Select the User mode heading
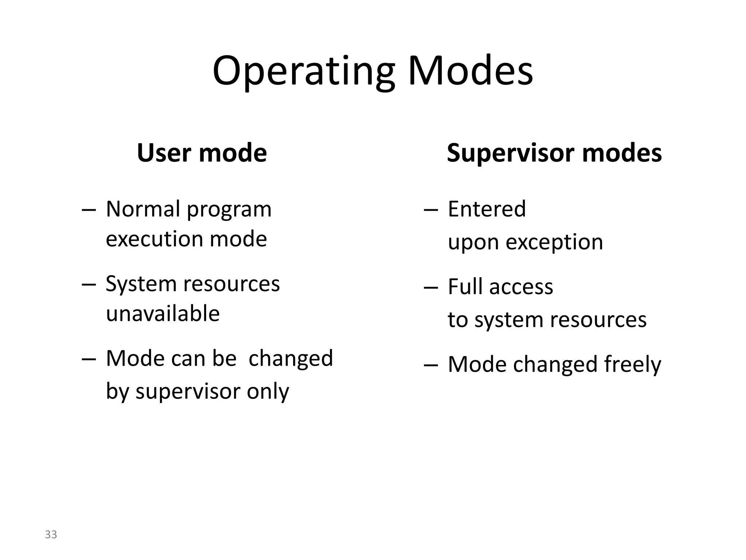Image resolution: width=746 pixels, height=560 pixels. (202, 153)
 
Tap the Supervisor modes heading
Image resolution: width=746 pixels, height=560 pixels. (554, 153)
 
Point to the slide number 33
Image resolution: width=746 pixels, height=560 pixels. (51, 534)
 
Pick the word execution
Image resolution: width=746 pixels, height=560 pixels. (154, 239)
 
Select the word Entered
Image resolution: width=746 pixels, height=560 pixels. (487, 209)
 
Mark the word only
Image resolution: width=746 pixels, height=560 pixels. (268, 392)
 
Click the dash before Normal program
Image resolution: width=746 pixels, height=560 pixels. (89, 210)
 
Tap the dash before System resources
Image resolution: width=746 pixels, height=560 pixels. (89, 285)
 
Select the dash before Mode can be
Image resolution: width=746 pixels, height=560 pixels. (89, 359)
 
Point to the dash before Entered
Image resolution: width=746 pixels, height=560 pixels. (431, 210)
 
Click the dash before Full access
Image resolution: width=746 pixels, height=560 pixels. (431, 288)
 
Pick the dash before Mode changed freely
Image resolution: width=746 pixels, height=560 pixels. (431, 365)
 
